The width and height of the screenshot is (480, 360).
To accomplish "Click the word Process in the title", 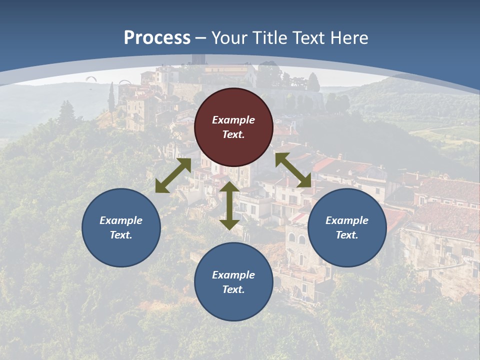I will (157, 38).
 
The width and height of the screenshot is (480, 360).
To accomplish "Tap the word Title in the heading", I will (270, 38).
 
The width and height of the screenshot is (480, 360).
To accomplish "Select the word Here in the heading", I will (348, 38).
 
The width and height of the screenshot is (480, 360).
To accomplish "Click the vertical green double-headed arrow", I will (229, 205).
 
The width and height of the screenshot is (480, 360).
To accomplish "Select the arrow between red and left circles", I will (173, 175).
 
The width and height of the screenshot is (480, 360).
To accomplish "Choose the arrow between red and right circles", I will (293, 170).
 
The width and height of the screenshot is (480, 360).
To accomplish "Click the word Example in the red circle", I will (233, 120).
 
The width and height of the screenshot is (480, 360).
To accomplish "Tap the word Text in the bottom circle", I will (232, 289).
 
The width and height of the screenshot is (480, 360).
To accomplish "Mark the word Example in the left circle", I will (121, 220).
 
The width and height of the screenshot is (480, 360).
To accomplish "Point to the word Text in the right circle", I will (346, 235).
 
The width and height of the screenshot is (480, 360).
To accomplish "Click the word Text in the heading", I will (308, 38).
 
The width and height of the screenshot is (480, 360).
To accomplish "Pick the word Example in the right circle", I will (347, 220).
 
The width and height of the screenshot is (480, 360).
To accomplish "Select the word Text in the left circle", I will (120, 235).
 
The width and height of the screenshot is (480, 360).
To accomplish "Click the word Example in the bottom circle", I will (233, 275).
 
